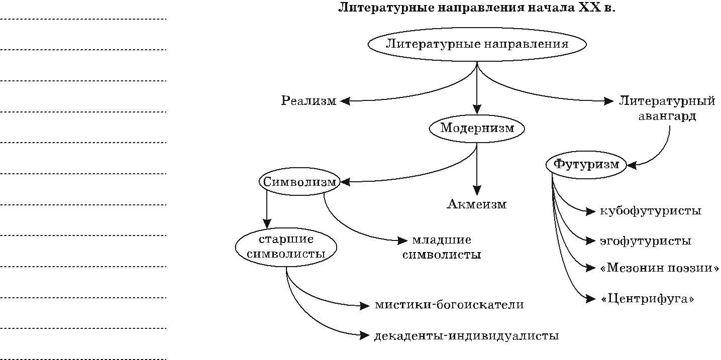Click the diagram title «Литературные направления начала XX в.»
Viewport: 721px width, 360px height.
pyautogui.click(x=476, y=8)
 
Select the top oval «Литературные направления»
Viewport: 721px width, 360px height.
pyautogui.click(x=477, y=44)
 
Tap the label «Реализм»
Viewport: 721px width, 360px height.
pyautogui.click(x=308, y=101)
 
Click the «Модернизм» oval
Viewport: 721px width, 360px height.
pyautogui.click(x=477, y=128)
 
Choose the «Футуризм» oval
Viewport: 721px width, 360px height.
pyautogui.click(x=586, y=164)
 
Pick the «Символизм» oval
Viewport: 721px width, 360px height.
pyautogui.click(x=299, y=182)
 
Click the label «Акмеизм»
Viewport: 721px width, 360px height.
pyautogui.click(x=476, y=204)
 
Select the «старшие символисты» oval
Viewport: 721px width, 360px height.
pyautogui.click(x=286, y=246)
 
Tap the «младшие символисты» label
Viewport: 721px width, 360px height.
pyautogui.click(x=442, y=247)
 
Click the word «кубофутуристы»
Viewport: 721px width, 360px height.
pyautogui.click(x=650, y=211)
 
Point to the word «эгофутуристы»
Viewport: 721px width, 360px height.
pyautogui.click(x=645, y=241)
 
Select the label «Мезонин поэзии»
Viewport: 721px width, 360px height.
pyautogui.click(x=659, y=268)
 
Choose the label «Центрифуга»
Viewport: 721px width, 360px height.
pyautogui.click(x=647, y=299)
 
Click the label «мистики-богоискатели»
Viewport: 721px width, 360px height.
pyautogui.click(x=449, y=305)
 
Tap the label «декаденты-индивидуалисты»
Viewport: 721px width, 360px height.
pyautogui.click(x=466, y=336)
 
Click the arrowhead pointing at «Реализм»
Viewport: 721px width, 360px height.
pyautogui.click(x=345, y=101)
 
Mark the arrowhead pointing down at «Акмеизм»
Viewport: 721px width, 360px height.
pyautogui.click(x=477, y=191)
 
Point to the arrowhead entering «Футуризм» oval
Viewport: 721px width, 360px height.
pyautogui.click(x=632, y=164)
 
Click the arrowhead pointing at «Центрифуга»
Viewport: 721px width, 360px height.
pyautogui.click(x=591, y=299)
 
